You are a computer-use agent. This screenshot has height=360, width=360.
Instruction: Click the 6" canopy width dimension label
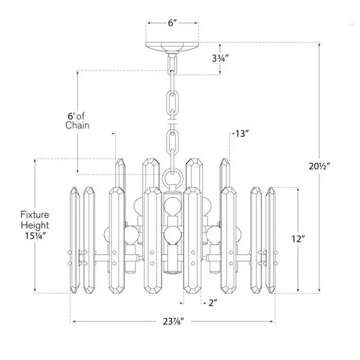click(172, 23)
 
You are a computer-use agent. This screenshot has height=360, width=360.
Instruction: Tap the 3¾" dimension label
click(220, 58)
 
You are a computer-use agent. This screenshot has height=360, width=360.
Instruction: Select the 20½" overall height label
click(319, 166)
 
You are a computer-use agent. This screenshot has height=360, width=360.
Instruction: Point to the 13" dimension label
click(242, 133)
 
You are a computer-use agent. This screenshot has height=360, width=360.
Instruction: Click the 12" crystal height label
click(298, 238)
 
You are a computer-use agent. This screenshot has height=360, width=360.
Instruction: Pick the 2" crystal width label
click(213, 303)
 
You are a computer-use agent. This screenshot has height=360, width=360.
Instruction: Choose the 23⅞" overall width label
click(174, 321)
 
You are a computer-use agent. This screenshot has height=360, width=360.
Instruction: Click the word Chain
click(77, 125)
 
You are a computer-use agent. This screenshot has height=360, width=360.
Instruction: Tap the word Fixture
click(35, 215)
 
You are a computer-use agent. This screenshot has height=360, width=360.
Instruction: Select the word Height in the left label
click(35, 225)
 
